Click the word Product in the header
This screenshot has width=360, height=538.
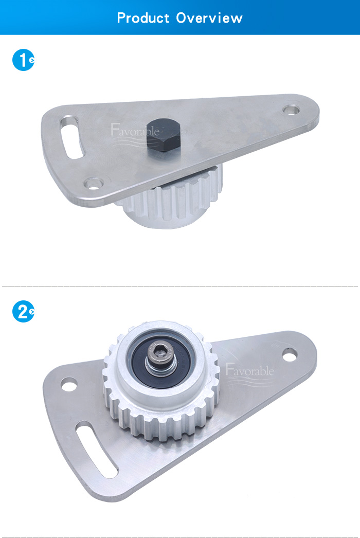point(143,18)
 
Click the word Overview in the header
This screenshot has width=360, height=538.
point(209,18)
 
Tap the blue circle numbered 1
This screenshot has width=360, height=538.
point(23,60)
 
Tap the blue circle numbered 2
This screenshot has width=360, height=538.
point(23,312)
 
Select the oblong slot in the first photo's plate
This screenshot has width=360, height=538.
point(71,137)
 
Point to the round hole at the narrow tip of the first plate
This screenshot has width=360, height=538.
point(291,110)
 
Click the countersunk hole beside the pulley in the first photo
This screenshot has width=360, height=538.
point(94,183)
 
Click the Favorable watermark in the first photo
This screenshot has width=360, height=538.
point(135,130)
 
